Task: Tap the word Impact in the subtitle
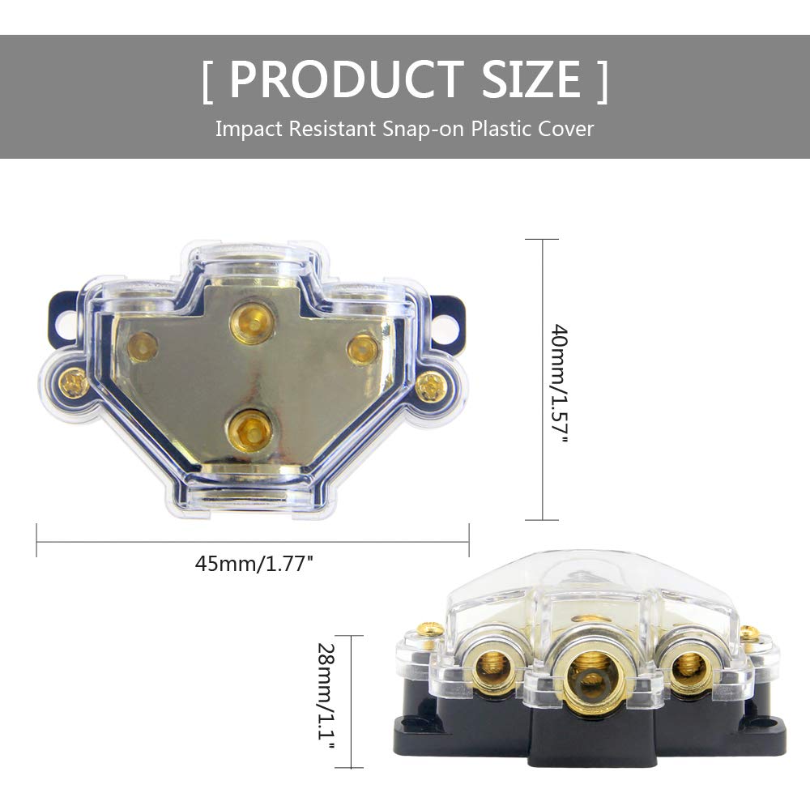[245, 129]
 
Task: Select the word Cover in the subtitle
[567, 129]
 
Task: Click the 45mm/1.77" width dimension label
[254, 564]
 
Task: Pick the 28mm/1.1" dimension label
[326, 701]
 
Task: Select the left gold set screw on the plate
[143, 347]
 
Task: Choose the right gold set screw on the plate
[362, 348]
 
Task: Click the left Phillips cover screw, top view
[75, 382]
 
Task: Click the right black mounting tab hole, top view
[448, 318]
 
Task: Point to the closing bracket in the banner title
[601, 81]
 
